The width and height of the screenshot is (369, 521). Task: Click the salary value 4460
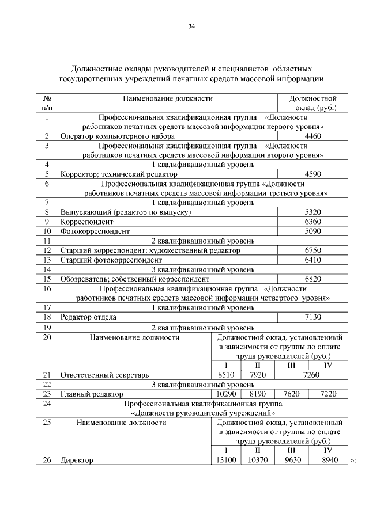[312, 136]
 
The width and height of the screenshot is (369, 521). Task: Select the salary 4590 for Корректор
[312, 173]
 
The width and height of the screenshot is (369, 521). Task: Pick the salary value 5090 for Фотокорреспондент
[312, 231]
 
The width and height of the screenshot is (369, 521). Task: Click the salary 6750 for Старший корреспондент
[312, 250]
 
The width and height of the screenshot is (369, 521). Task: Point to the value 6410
[312, 260]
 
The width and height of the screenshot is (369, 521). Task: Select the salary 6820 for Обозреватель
[312, 279]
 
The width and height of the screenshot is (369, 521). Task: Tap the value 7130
[312, 317]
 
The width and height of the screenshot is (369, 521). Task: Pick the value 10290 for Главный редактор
[225, 394]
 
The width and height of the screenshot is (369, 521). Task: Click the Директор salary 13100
[225, 460]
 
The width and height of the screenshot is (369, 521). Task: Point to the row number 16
[47, 288]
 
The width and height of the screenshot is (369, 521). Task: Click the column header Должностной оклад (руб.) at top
[312, 102]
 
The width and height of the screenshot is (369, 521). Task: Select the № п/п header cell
[47, 102]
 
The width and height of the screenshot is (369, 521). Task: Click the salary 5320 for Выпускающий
[312, 212]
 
